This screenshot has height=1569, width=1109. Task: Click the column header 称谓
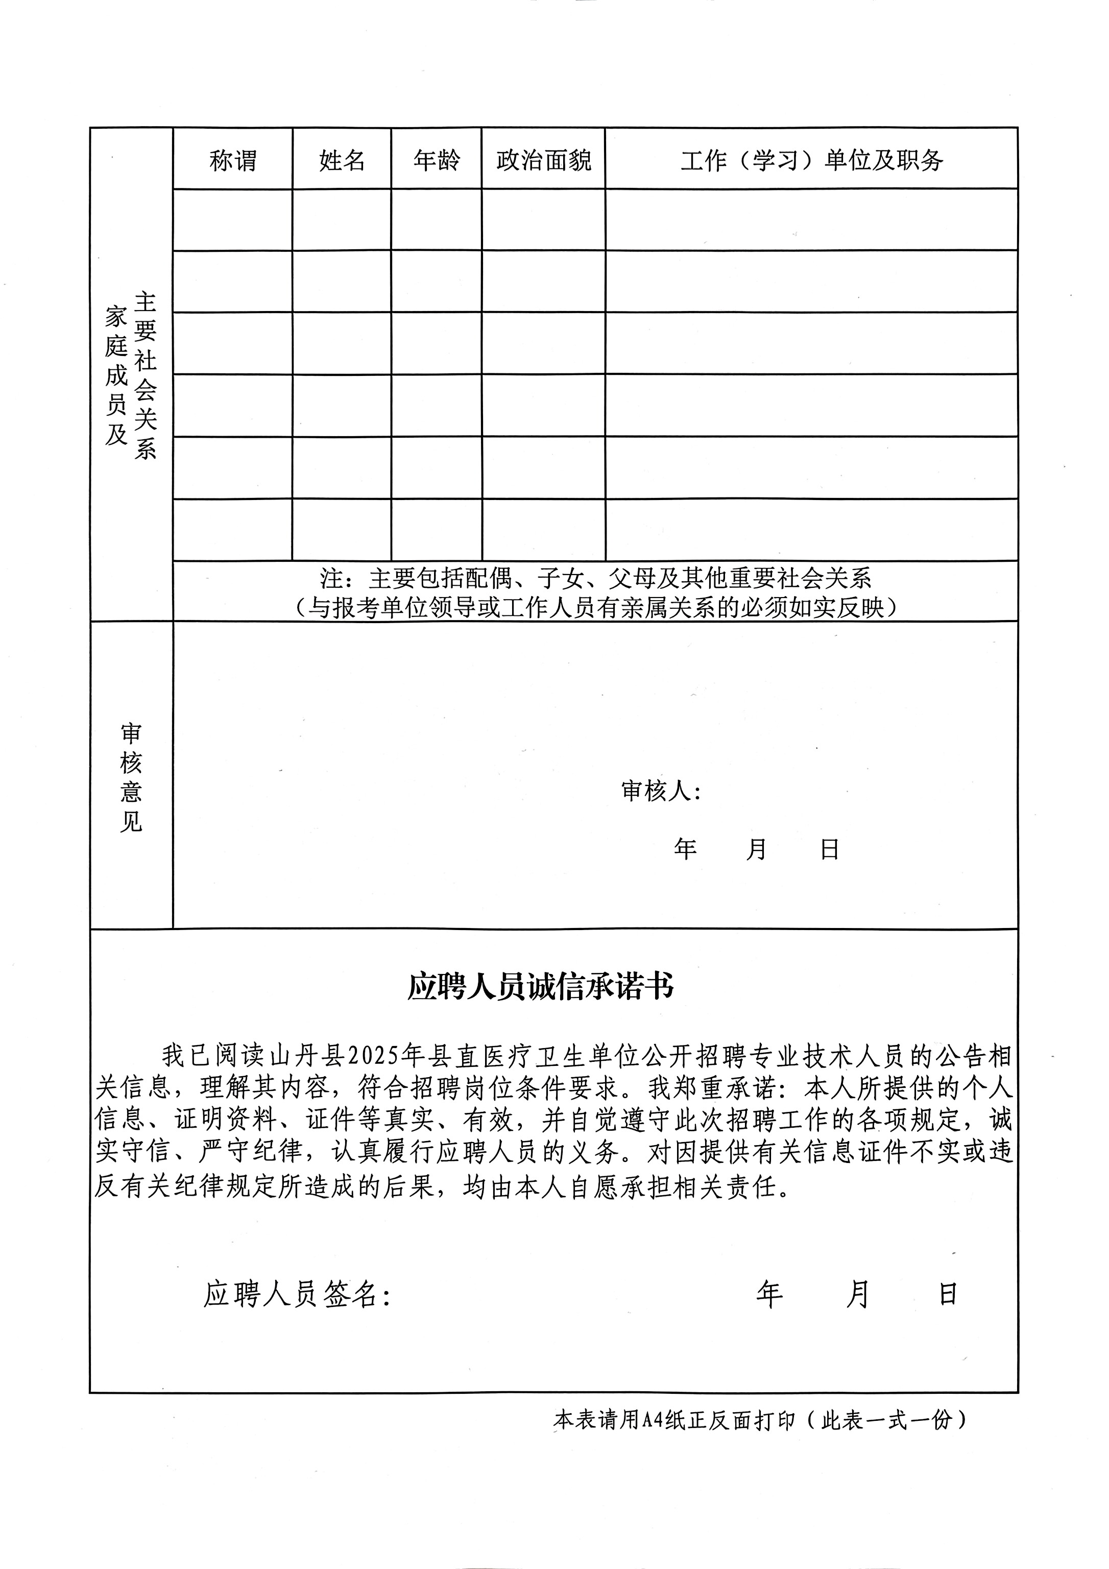[x=232, y=160]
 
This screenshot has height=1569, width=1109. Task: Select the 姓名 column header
[x=342, y=160]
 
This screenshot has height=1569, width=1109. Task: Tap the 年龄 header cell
[x=437, y=160]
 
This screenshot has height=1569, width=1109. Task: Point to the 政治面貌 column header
[x=544, y=160]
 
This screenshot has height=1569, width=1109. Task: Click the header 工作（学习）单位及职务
[x=812, y=160]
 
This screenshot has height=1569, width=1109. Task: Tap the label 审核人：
[x=661, y=791]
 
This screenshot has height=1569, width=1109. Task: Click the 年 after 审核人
[x=685, y=849]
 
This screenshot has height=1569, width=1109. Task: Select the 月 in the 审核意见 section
[x=756, y=849]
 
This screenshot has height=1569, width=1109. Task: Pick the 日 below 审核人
[x=830, y=849]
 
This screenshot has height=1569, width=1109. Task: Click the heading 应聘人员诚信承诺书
[x=541, y=987]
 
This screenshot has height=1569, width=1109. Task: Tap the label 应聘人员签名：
[x=298, y=1294]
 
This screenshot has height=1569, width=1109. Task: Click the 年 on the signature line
[x=769, y=1294]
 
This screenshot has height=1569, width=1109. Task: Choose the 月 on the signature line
[x=858, y=1294]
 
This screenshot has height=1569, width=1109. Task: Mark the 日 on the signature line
[x=948, y=1294]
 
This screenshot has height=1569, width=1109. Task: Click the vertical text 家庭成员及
[x=116, y=376]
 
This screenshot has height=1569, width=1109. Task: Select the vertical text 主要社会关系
[x=146, y=376]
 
